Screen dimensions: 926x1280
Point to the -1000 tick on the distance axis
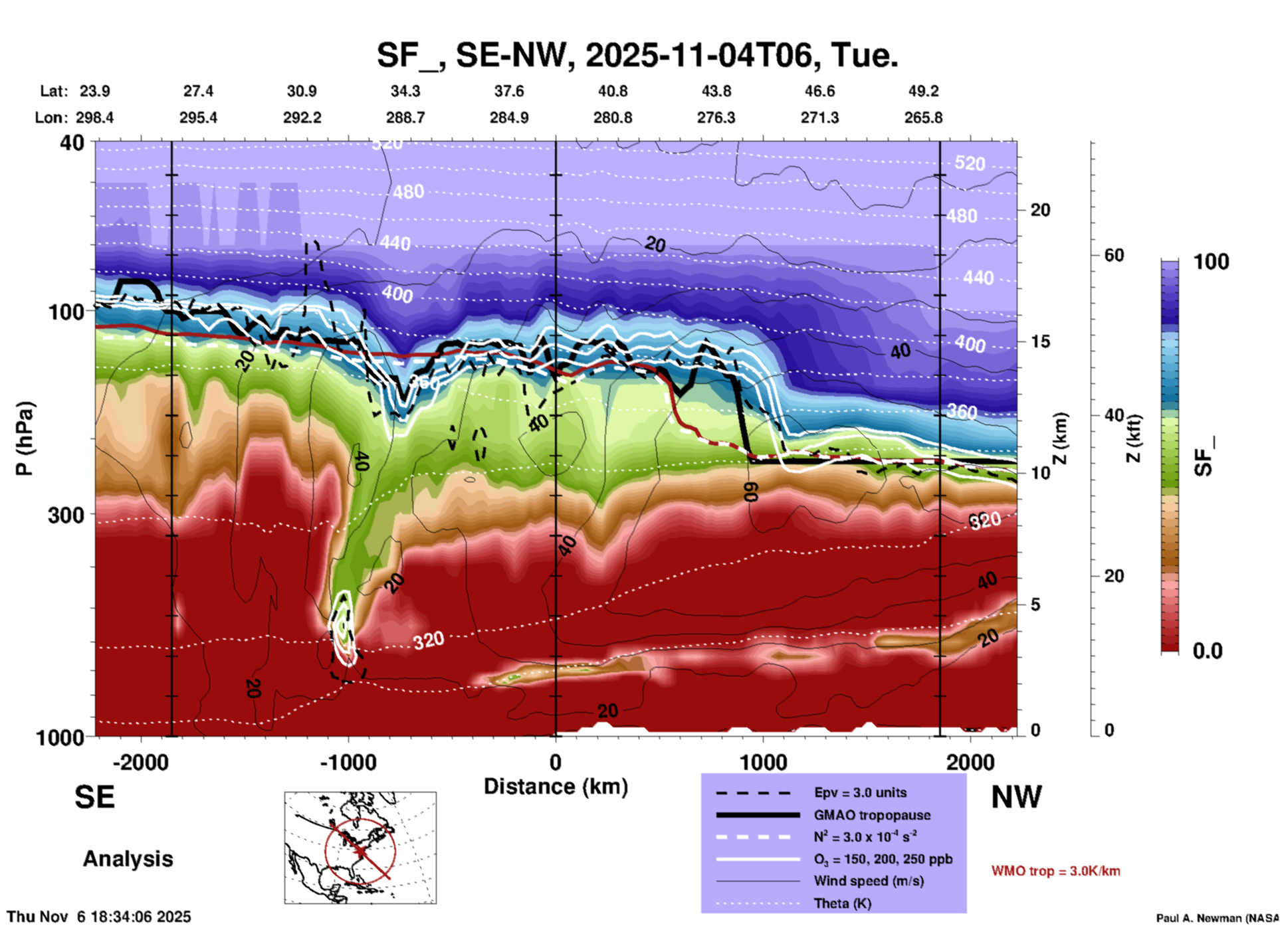coord(348,762)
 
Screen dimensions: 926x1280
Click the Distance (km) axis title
coord(556,787)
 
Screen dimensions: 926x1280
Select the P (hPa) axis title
coord(25,438)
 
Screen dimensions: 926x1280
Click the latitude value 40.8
coord(612,91)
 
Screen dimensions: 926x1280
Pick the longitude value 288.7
coord(405,118)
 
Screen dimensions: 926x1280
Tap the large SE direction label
coord(94,797)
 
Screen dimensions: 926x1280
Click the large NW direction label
coord(1016,797)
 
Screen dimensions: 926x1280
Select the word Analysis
coord(128,859)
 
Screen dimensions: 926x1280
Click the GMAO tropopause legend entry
coord(872,815)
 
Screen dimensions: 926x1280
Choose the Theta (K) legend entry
coord(843,903)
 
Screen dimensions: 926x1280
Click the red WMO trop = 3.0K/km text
coord(1055,871)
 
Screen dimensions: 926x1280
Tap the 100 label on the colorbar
coord(1211,262)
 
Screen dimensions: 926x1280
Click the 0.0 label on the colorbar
coord(1207,651)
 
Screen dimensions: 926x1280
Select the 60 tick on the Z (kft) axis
coord(1114,255)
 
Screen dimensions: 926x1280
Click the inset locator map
coord(360,847)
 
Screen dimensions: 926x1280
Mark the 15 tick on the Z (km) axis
coord(1040,341)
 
